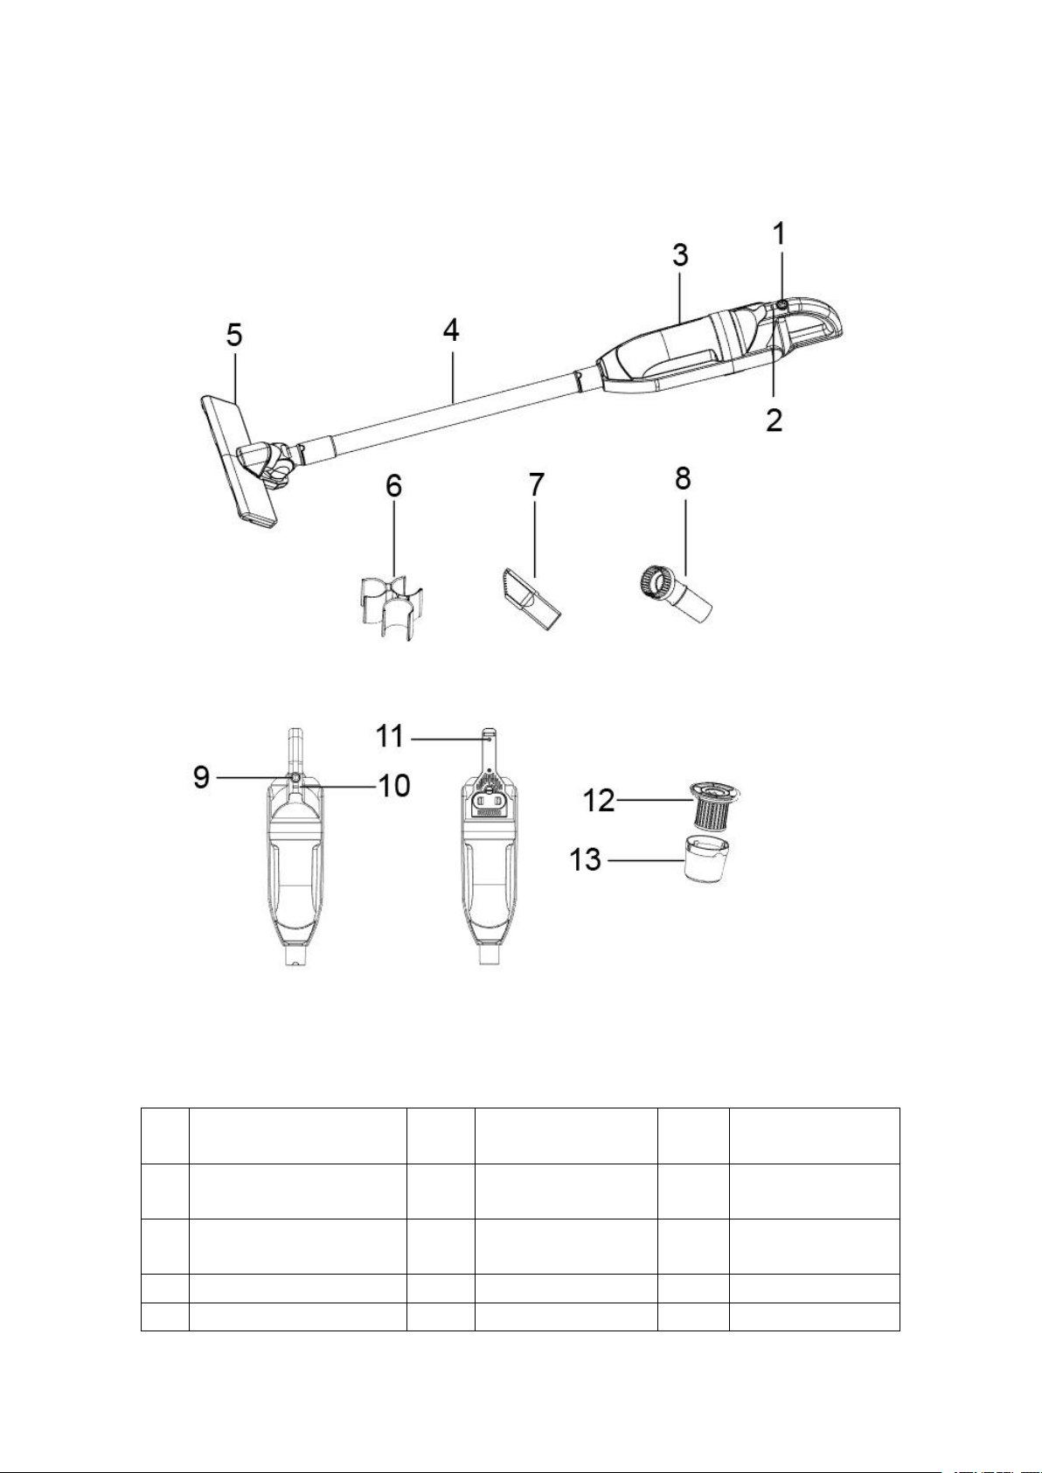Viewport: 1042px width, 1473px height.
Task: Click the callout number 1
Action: pos(779,233)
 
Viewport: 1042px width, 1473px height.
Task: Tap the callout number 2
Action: pos(775,419)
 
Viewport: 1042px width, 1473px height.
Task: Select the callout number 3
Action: pos(680,254)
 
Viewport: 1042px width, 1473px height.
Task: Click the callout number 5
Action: pos(234,336)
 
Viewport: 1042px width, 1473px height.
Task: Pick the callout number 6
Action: pos(393,486)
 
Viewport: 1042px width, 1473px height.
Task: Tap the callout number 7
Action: pos(537,484)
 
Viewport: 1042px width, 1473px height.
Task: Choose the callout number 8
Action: pos(683,478)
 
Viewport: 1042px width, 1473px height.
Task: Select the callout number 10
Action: pos(393,785)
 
